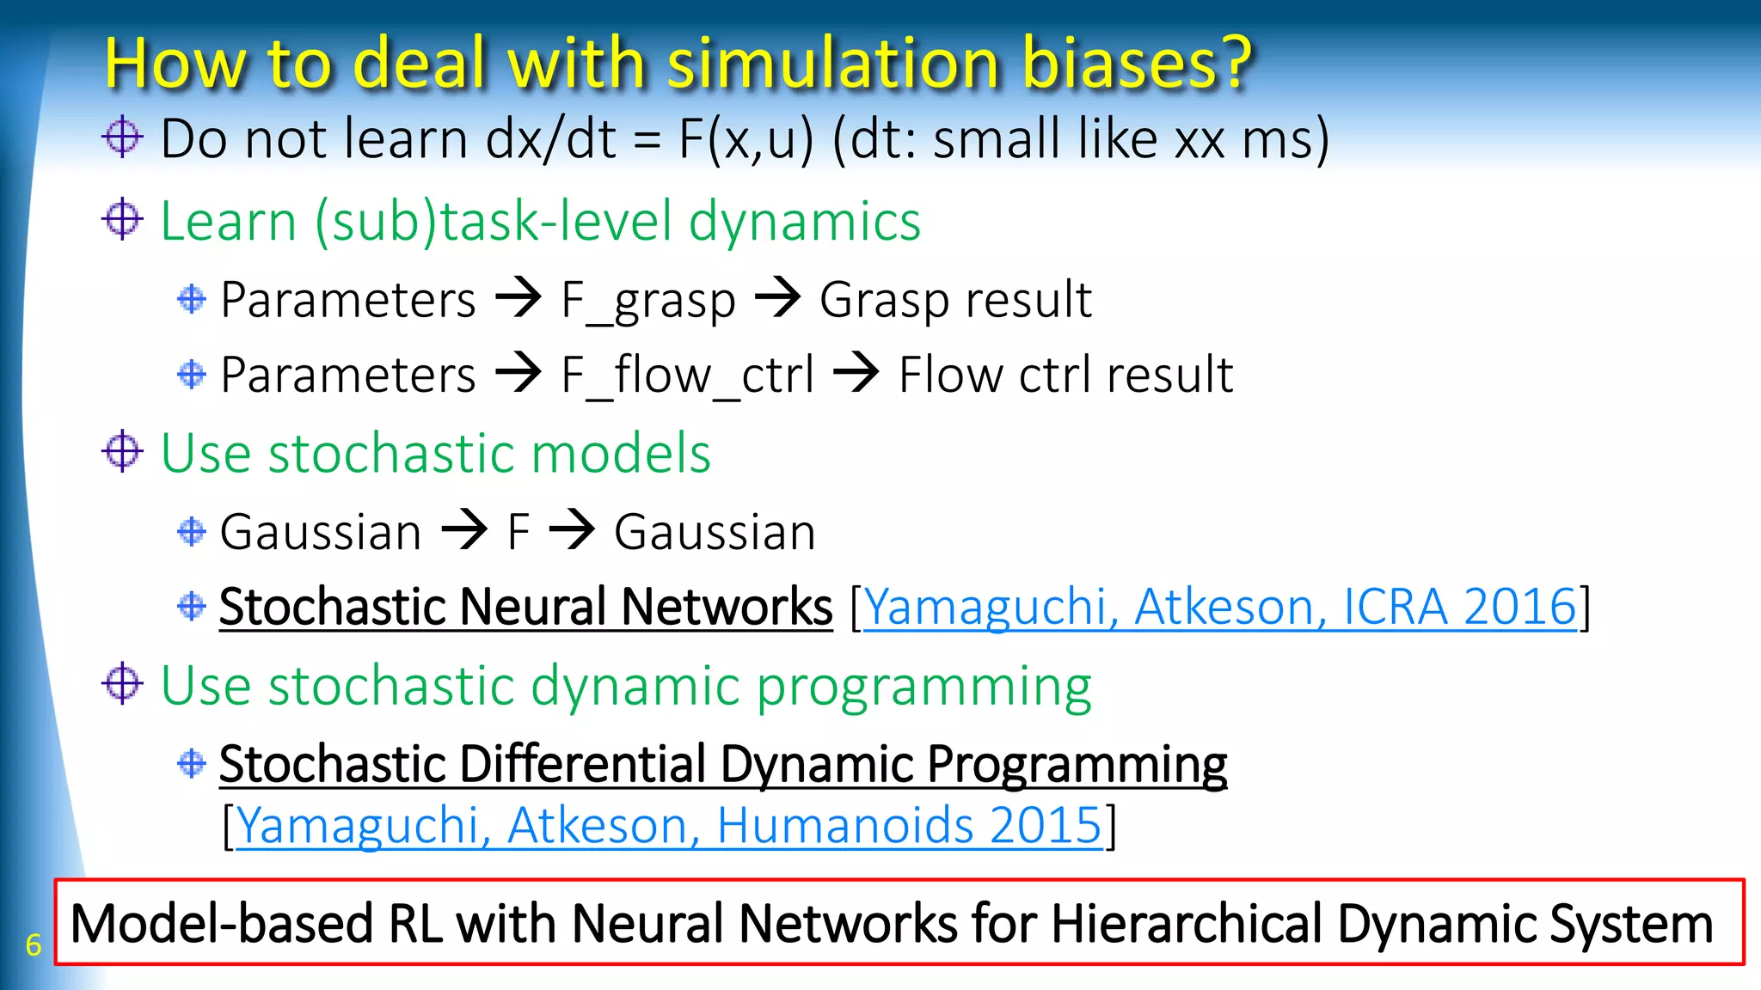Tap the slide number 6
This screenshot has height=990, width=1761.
(33, 944)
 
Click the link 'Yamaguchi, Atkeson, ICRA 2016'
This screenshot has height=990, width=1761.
(1219, 607)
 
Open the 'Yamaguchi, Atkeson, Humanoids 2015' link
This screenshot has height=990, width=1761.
(669, 825)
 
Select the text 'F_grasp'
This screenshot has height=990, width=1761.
(648, 301)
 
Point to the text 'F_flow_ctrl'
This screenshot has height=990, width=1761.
(687, 376)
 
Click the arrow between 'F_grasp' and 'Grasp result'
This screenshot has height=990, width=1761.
(777, 299)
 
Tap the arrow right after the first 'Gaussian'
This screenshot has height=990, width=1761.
(464, 530)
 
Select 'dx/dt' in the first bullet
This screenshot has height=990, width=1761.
(550, 139)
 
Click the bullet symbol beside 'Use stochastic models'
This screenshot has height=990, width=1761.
(122, 452)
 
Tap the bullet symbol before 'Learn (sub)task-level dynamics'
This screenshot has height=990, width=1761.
(122, 220)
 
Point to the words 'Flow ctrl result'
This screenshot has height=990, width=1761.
(1065, 376)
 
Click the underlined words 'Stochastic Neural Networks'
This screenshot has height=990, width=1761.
(525, 607)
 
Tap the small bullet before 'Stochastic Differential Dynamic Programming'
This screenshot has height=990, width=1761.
(191, 762)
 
